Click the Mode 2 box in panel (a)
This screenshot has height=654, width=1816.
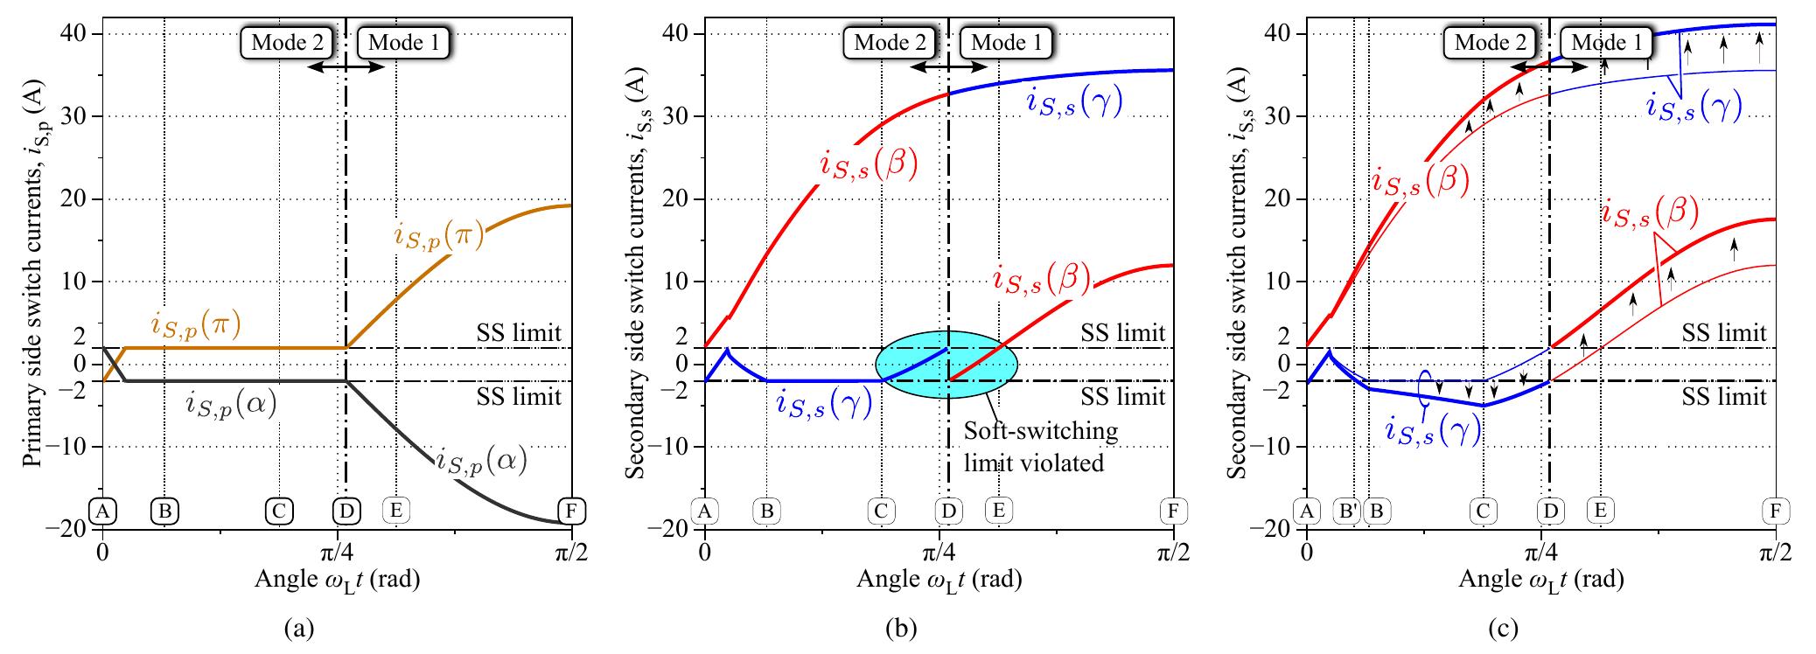[x=288, y=42]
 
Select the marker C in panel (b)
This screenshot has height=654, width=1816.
[x=881, y=511]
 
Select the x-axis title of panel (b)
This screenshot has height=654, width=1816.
[x=939, y=579]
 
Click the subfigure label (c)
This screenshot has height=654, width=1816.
[x=1541, y=628]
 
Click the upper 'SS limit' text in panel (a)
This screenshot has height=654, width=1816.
[x=520, y=333]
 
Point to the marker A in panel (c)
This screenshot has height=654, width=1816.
[x=1307, y=511]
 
